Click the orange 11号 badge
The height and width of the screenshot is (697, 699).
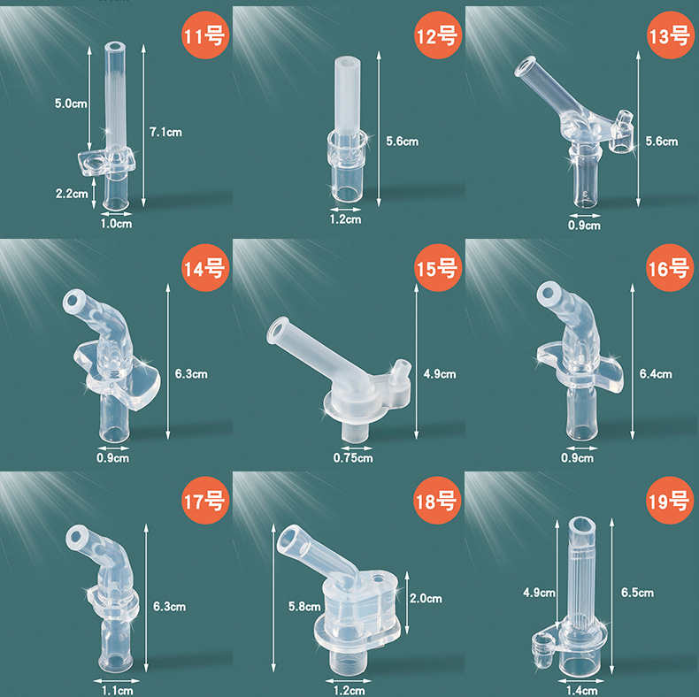click(205, 35)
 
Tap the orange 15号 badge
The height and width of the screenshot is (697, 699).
click(437, 268)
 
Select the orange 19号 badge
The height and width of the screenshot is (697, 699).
click(670, 500)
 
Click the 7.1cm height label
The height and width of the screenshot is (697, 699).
click(165, 132)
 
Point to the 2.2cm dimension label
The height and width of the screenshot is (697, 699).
click(72, 194)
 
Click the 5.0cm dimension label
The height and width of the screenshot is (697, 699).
click(71, 103)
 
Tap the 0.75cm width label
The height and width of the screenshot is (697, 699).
click(353, 457)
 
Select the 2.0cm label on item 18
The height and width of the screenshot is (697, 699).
click(426, 599)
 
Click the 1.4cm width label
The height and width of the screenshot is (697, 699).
click(581, 691)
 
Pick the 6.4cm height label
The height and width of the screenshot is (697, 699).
click(656, 374)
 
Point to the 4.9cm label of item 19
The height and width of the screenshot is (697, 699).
click(539, 593)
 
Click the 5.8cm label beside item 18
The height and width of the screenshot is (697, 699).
click(304, 607)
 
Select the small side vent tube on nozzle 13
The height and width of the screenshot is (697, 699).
click(621, 132)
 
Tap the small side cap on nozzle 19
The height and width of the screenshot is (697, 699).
click(543, 651)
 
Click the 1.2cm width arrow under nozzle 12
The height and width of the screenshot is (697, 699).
click(345, 210)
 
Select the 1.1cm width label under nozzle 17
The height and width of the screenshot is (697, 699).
click(117, 691)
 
